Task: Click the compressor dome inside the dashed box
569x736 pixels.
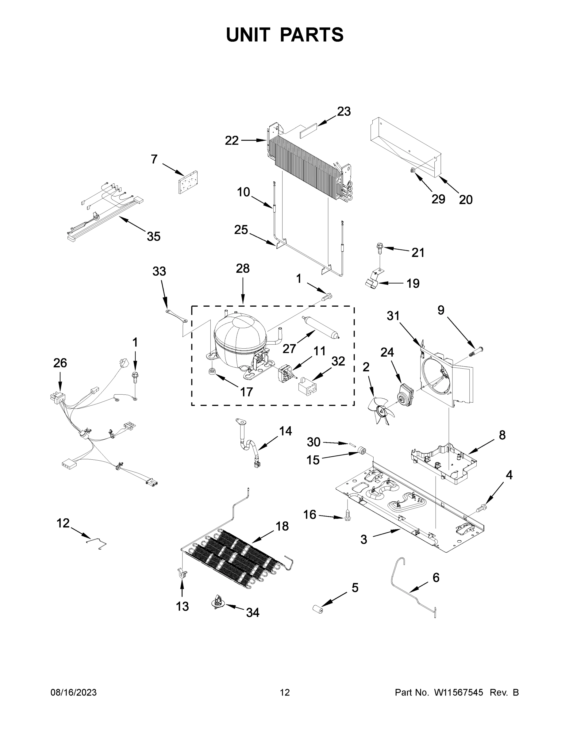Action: click(x=240, y=337)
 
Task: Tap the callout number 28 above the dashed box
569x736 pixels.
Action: click(x=243, y=269)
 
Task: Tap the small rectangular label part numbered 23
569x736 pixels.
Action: click(x=307, y=132)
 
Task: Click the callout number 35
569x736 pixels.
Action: click(x=154, y=236)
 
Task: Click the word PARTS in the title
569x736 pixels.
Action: click(x=312, y=34)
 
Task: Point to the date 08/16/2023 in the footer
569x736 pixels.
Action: click(x=74, y=692)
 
